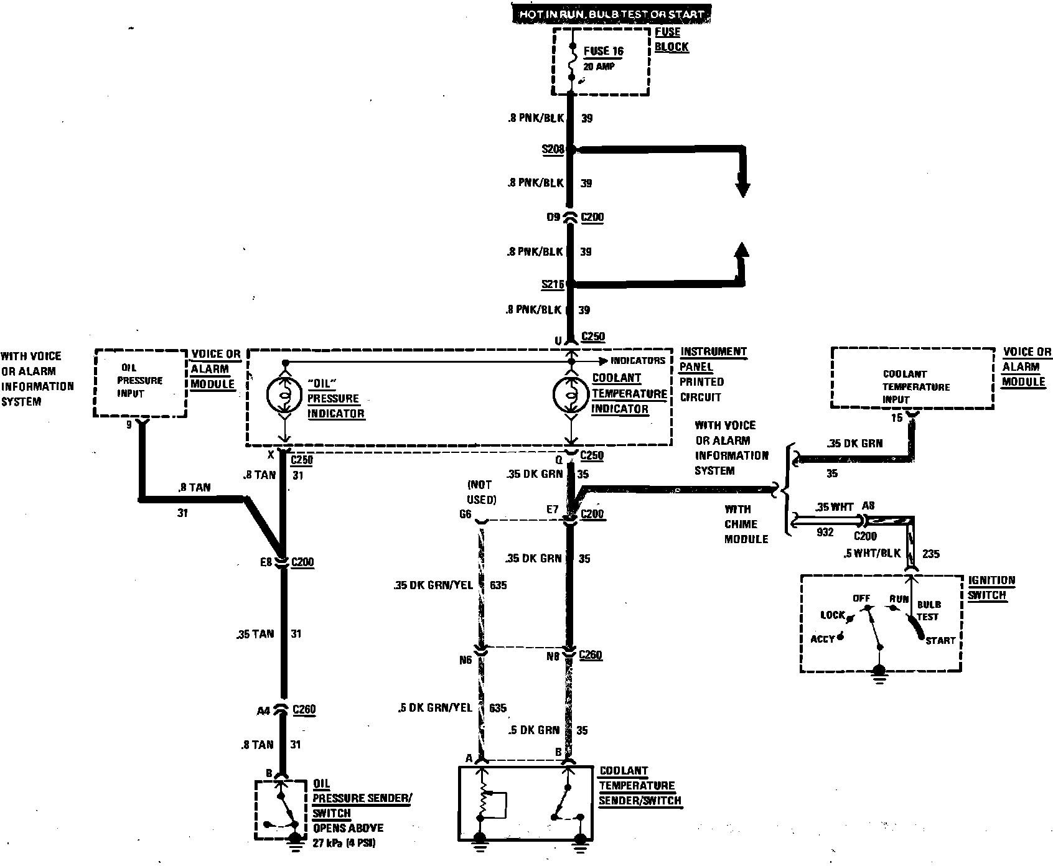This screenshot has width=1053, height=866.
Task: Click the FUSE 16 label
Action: point(603,51)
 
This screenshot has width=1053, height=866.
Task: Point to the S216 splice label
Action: point(552,284)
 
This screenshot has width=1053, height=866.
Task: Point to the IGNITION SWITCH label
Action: point(991,587)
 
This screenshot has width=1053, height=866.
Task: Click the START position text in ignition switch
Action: point(940,640)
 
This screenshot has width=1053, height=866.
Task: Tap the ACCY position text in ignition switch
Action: point(823,639)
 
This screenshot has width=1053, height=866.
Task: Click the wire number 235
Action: point(930,554)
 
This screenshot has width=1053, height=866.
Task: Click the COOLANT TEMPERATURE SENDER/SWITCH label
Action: point(640,786)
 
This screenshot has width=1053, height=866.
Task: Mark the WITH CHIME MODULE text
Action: point(746,524)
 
